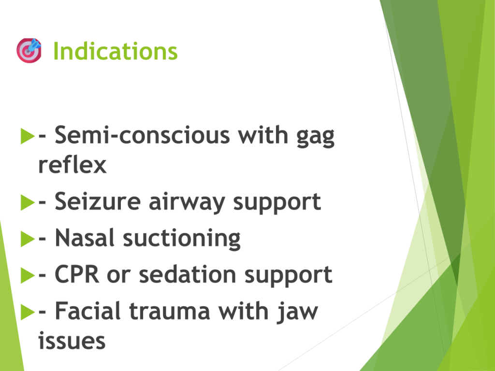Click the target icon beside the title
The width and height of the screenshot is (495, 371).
(x=29, y=50)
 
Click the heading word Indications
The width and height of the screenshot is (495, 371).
(x=116, y=51)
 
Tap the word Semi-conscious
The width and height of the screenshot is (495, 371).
(x=143, y=135)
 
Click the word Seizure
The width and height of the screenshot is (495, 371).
(x=98, y=201)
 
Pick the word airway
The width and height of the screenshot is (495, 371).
(x=187, y=203)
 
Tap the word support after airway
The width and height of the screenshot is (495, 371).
(x=277, y=203)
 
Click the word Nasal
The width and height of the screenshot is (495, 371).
(x=84, y=238)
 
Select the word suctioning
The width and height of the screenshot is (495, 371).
(x=182, y=239)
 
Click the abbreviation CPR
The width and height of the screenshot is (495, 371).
(x=77, y=274)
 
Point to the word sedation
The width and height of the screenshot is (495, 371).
(x=188, y=274)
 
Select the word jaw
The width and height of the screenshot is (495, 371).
(x=297, y=313)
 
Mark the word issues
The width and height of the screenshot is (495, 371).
(x=72, y=341)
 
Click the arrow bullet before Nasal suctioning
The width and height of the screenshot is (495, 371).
(x=28, y=239)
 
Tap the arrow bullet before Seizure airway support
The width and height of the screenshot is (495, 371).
(x=28, y=202)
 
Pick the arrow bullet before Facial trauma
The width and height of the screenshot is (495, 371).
(x=28, y=312)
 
